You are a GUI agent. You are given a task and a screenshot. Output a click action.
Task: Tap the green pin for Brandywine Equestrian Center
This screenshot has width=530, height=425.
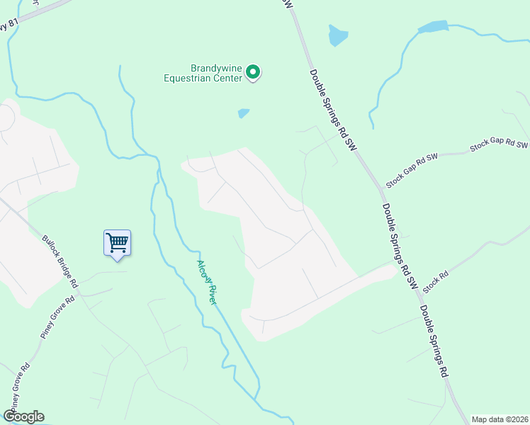pyautogui.click(x=253, y=72)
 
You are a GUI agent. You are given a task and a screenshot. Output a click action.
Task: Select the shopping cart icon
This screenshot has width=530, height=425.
pyautogui.click(x=117, y=243)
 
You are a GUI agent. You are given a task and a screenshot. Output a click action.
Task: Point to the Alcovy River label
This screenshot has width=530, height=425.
pyautogui.click(x=206, y=282)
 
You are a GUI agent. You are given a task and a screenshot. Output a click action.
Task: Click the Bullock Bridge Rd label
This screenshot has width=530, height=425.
pyautogui.click(x=60, y=261)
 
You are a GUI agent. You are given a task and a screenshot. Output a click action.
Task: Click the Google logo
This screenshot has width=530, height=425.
pyautogui.click(x=23, y=416)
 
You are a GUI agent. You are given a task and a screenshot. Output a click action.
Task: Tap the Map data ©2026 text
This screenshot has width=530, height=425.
pyautogui.click(x=500, y=419)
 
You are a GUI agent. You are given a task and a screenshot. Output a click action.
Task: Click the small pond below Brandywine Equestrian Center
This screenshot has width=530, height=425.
pyautogui.click(x=244, y=113)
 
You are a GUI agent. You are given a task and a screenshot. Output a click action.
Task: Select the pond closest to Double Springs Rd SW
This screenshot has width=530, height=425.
pyautogui.click(x=338, y=35)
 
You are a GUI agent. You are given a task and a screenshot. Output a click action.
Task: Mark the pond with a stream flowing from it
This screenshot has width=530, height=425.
pyautogui.click(x=433, y=27)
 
